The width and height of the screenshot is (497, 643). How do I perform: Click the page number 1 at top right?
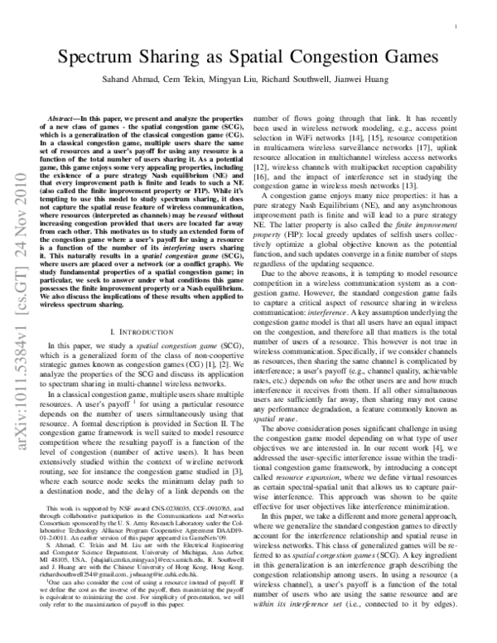pyautogui.click(x=459, y=27)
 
